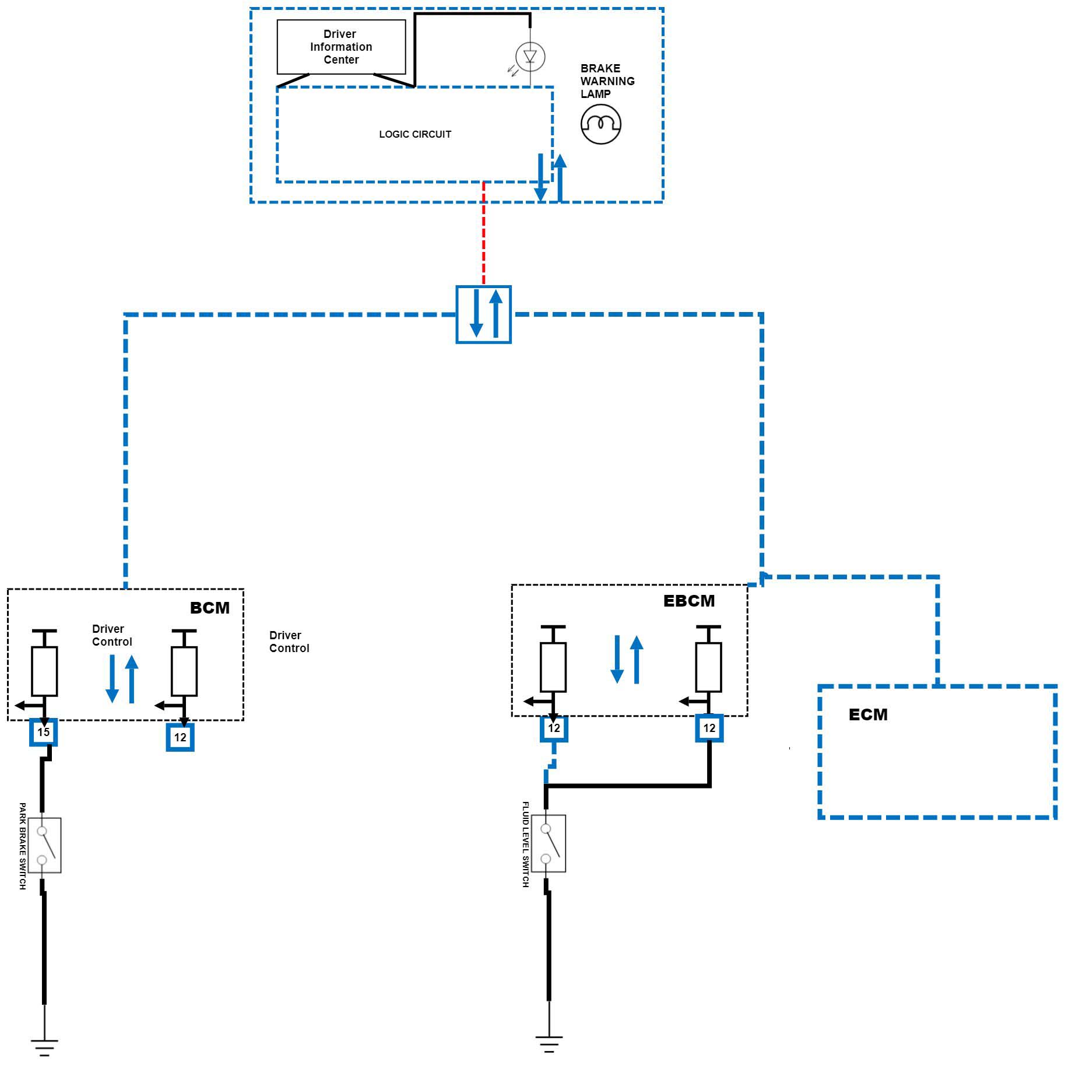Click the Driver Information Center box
341,47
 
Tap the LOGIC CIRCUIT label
415,134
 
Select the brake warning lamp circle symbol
601,124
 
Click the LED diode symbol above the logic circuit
530,57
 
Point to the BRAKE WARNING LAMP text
607,81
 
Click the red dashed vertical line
483,233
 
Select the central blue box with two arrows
483,314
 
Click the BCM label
210,608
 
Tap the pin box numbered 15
44,732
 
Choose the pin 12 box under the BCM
180,737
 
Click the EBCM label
689,601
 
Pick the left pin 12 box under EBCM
554,728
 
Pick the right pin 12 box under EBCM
709,728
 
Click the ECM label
868,714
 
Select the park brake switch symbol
44,845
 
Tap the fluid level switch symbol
549,843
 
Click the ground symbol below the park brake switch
44,1047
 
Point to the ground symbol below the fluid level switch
549,1043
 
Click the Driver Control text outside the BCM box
289,642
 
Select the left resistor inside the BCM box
44,671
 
